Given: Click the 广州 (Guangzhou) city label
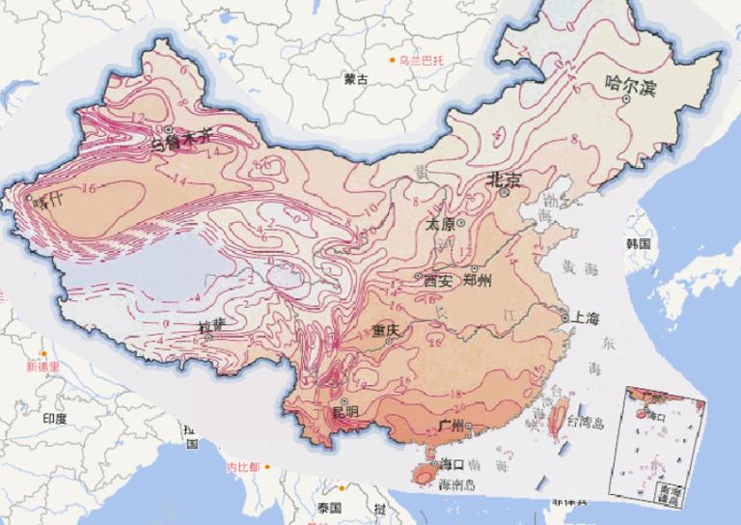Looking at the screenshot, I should tap(452, 426).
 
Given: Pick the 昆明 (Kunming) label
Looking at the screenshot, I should tap(344, 412).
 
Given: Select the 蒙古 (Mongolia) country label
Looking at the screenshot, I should tap(355, 80).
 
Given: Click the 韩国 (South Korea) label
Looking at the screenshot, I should tap(638, 243).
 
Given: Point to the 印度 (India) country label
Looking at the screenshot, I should tap(54, 418).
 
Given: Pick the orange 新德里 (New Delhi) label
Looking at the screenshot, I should tap(42, 367).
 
